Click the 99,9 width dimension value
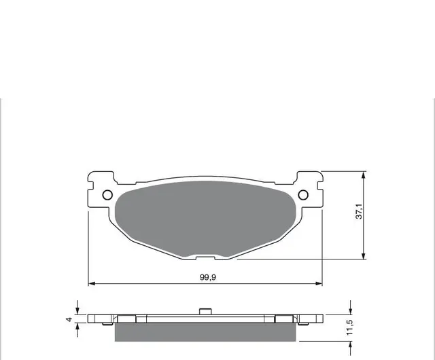208,277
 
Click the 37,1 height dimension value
359,211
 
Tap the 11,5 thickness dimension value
349,327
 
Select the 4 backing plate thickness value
69,319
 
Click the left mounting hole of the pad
107,195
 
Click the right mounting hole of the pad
303,195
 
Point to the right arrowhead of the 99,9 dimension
319,283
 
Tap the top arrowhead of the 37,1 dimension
364,175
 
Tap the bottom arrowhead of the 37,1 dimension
364,255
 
